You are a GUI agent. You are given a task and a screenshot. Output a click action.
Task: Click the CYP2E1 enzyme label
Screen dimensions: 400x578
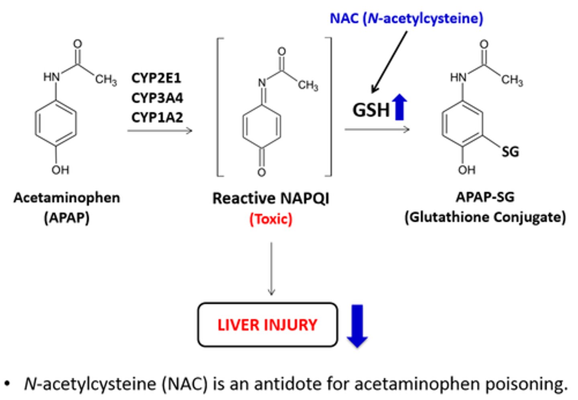click(x=156, y=78)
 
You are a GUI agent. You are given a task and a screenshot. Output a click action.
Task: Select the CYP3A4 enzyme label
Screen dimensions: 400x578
click(x=157, y=98)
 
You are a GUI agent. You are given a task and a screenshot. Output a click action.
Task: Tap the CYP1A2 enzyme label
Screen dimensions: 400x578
click(x=157, y=117)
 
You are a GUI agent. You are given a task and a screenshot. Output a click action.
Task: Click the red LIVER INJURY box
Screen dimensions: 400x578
click(x=267, y=324)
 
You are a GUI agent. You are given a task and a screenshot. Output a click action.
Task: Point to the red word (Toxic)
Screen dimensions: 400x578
click(x=271, y=219)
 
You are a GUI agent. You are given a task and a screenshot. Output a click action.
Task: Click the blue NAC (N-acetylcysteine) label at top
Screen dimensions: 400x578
click(x=406, y=18)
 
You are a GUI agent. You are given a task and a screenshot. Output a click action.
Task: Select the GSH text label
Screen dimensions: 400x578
click(x=371, y=110)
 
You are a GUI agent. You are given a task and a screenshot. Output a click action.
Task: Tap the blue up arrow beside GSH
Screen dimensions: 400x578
click(x=400, y=107)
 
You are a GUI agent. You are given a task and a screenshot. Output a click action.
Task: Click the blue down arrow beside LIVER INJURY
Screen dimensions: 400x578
click(x=357, y=325)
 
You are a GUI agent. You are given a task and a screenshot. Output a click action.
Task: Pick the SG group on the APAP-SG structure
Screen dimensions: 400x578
click(x=510, y=151)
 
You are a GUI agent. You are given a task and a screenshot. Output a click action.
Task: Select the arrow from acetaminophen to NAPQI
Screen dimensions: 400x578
click(x=160, y=130)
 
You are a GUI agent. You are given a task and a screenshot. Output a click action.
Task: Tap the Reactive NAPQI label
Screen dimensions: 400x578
click(x=271, y=198)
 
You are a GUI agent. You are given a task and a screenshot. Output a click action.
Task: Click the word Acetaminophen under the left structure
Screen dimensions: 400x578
click(x=67, y=198)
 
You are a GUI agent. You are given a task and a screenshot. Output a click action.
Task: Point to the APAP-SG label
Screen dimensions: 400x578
click(x=485, y=197)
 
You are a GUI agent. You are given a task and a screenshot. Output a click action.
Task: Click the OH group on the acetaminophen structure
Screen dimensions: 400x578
click(x=60, y=170)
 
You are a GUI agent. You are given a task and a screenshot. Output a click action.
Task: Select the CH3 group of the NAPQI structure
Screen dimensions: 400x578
click(x=308, y=85)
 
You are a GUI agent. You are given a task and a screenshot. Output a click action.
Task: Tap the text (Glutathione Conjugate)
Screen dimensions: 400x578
click(x=485, y=217)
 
